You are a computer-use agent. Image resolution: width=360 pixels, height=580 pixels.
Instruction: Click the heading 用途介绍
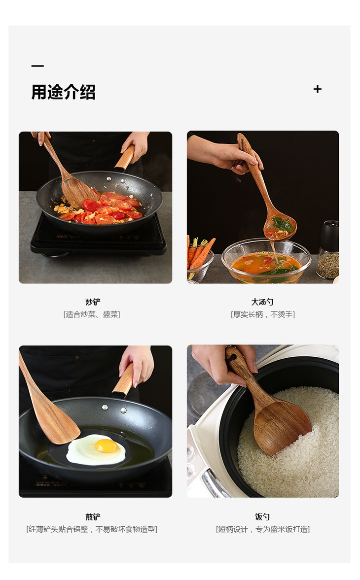pos(63,92)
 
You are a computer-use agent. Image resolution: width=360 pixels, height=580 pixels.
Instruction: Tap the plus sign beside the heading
pos(318,89)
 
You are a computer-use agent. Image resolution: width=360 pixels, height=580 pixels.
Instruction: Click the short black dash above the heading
pos(37,66)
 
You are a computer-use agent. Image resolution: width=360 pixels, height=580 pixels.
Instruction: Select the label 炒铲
pos(93,302)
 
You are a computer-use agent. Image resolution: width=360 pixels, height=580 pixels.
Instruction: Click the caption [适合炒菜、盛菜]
pos(92,314)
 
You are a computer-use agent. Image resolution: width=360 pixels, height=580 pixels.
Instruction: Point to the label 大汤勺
pos(262,302)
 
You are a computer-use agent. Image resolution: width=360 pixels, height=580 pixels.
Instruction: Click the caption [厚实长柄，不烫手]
pos(263,314)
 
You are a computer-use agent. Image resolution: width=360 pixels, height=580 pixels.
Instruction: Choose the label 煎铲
pos(93,517)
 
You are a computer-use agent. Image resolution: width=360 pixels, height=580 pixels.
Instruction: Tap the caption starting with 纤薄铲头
pos(92,529)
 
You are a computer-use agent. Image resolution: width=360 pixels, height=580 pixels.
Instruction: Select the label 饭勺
pos(262,517)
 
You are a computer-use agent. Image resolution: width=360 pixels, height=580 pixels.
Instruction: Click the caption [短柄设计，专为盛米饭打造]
pos(263,529)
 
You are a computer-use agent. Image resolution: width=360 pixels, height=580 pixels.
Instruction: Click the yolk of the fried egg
pos(107,446)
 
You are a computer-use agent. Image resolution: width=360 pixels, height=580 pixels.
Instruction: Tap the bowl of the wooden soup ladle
pos(280,226)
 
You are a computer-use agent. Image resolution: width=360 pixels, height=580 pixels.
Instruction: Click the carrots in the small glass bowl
pos(199,253)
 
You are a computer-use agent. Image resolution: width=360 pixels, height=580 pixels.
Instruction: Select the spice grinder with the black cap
pos(328,250)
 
